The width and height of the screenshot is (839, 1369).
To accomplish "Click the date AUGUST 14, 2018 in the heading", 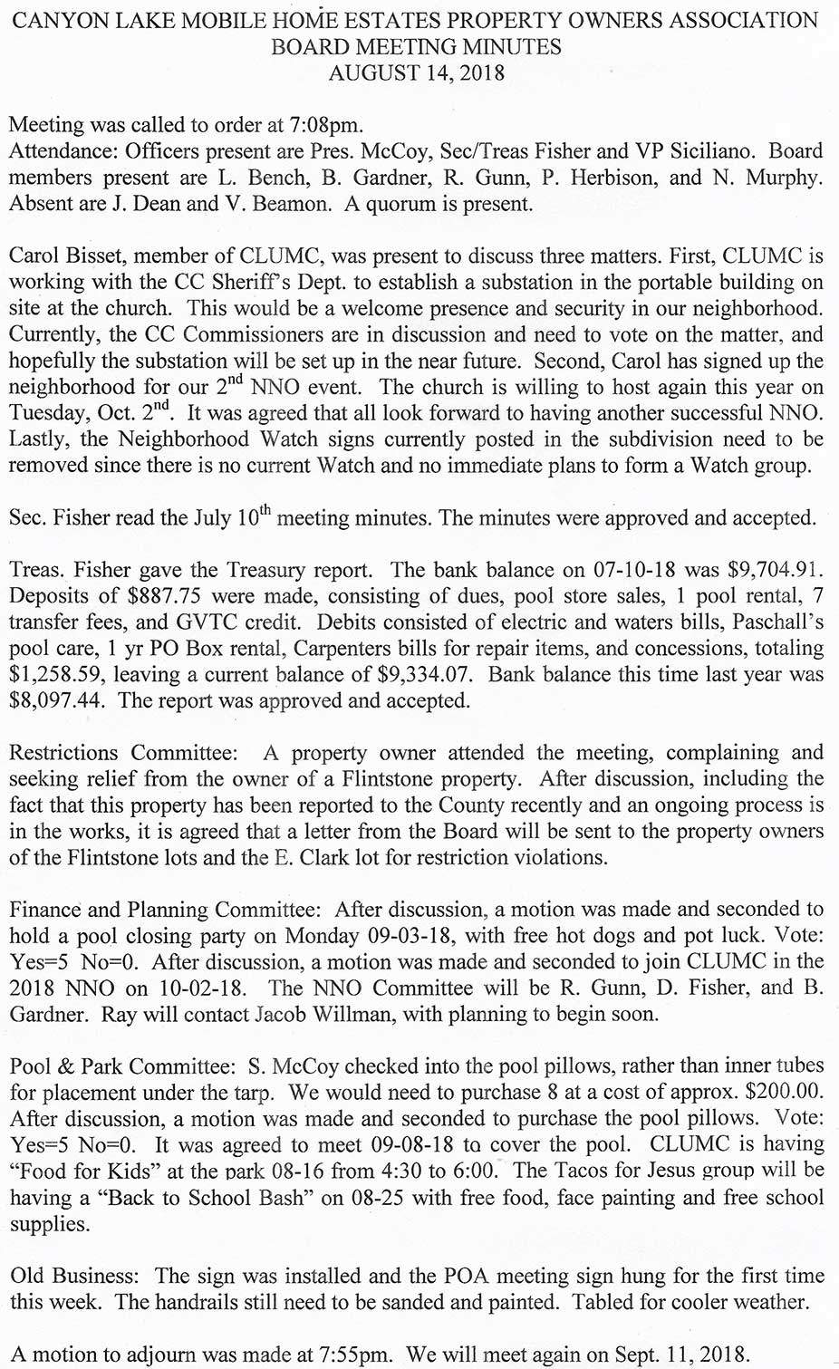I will point(416,73).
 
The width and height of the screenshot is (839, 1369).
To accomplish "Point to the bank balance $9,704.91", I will point(776,570).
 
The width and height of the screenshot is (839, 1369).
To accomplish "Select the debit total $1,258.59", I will point(57,675).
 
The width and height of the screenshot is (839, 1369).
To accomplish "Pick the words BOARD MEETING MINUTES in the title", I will point(416,47).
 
